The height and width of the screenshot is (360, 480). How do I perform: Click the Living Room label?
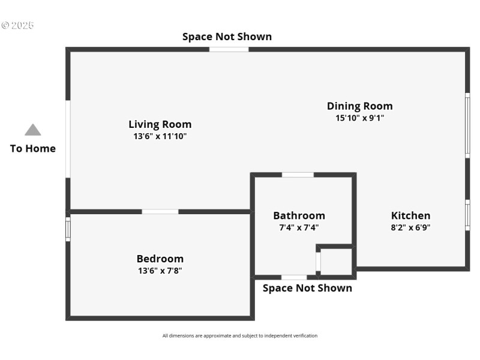pyautogui.click(x=160, y=124)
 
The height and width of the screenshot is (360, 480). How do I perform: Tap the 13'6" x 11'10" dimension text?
pyautogui.click(x=160, y=136)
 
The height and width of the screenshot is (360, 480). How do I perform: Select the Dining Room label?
pyautogui.click(x=359, y=106)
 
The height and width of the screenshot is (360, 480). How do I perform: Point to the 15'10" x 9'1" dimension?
pyautogui.click(x=359, y=118)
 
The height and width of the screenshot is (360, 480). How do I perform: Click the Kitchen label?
pyautogui.click(x=410, y=215)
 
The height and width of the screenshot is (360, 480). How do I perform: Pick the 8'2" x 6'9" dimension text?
pyautogui.click(x=410, y=227)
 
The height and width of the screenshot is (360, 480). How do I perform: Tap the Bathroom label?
pyautogui.click(x=299, y=215)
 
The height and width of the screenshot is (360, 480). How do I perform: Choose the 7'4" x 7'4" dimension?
pyautogui.click(x=299, y=227)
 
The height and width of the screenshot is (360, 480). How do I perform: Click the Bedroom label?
pyautogui.click(x=160, y=259)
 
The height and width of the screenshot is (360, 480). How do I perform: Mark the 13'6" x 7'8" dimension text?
pyautogui.click(x=160, y=271)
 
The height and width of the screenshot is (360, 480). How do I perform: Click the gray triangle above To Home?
pyautogui.click(x=32, y=130)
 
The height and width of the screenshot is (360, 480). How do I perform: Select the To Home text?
pyautogui.click(x=32, y=148)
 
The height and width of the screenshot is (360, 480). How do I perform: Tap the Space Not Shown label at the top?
pyautogui.click(x=227, y=37)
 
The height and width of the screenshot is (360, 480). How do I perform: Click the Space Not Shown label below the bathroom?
pyautogui.click(x=307, y=288)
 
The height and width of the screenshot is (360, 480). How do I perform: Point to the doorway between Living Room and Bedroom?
pyautogui.click(x=160, y=211)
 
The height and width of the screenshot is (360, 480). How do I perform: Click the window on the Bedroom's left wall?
pyautogui.click(x=68, y=229)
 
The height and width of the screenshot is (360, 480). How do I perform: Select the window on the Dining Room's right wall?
pyautogui.click(x=467, y=125)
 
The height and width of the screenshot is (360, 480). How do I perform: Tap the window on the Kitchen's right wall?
pyautogui.click(x=467, y=215)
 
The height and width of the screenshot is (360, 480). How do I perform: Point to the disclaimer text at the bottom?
pyautogui.click(x=239, y=336)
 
